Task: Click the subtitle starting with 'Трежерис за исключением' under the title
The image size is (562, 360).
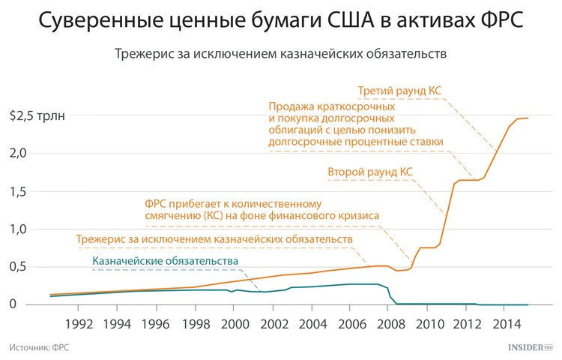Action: click(x=281, y=55)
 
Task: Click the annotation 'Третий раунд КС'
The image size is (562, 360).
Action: click(x=399, y=91)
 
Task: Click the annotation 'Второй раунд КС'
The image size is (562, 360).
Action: click(x=370, y=172)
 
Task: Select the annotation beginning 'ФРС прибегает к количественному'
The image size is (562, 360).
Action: click(x=262, y=209)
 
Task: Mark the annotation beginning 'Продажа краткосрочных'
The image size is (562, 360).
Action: click(x=356, y=124)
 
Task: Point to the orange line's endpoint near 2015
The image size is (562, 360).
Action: click(x=528, y=118)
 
